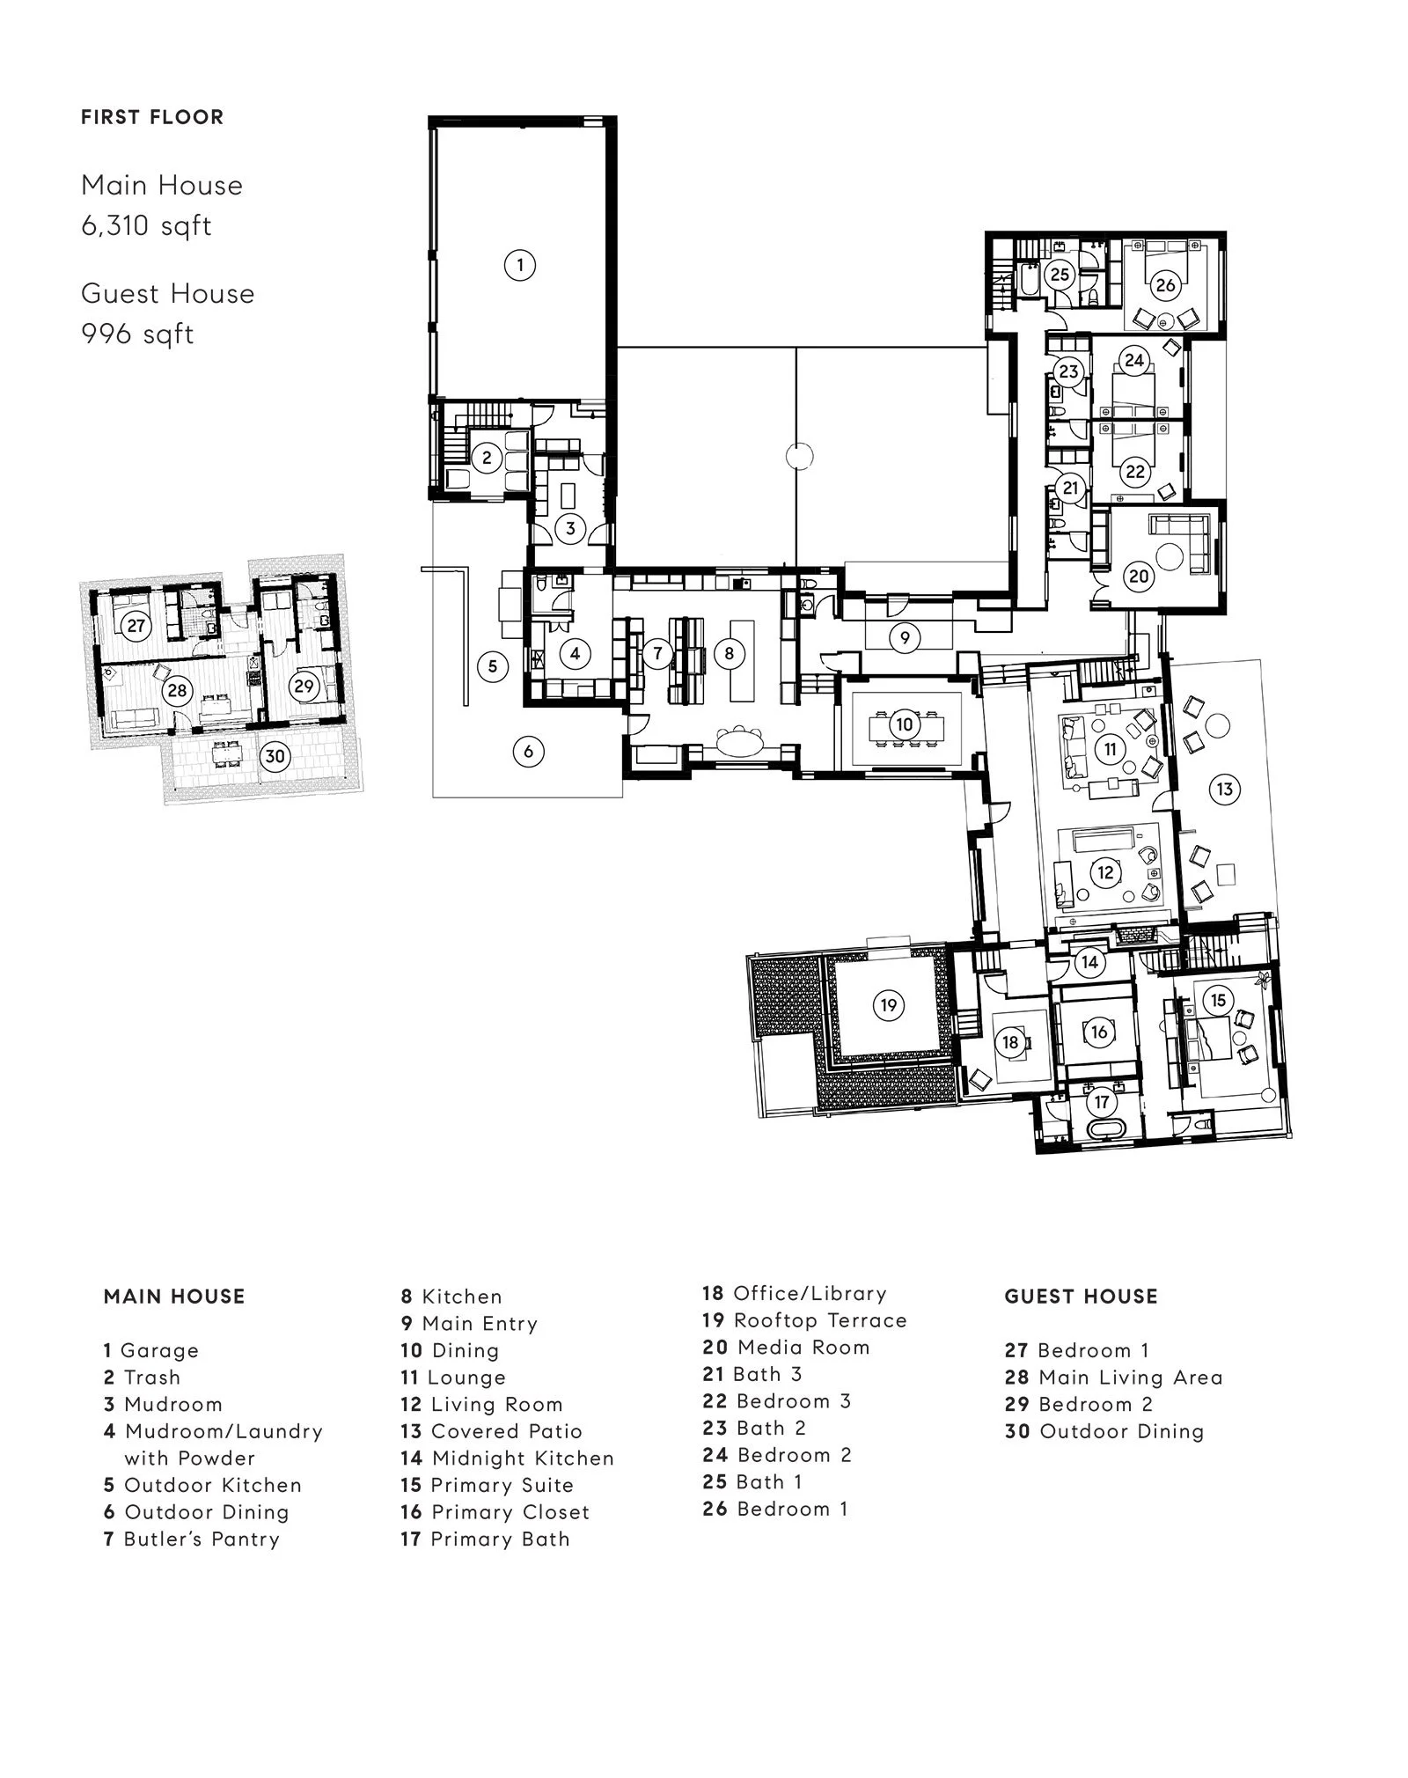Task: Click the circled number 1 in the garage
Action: (x=520, y=265)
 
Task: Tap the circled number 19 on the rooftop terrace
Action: (x=888, y=1005)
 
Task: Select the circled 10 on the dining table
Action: (x=905, y=725)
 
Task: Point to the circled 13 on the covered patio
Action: (x=1225, y=790)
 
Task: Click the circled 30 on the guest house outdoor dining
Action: (x=275, y=755)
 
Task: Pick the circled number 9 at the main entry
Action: (x=905, y=637)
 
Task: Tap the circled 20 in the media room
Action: (x=1139, y=577)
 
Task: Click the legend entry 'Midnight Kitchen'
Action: (x=507, y=1458)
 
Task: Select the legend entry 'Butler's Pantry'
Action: (x=192, y=1539)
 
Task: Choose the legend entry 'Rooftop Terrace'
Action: (x=804, y=1320)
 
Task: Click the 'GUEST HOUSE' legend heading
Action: (x=1081, y=1296)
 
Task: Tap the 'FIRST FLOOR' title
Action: (x=152, y=117)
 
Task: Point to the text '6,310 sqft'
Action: (x=146, y=226)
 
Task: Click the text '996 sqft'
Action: (x=137, y=334)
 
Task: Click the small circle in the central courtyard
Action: (x=798, y=457)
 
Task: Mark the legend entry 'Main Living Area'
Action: (x=1114, y=1377)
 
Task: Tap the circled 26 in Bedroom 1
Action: (x=1165, y=285)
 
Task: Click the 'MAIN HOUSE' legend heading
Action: (x=174, y=1296)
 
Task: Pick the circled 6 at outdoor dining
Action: (x=528, y=752)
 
